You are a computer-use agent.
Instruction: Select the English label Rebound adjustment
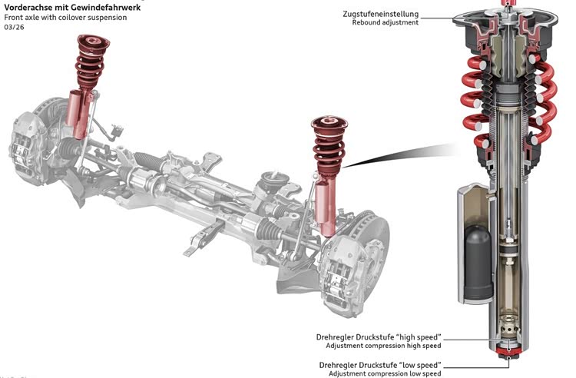point(386,22)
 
